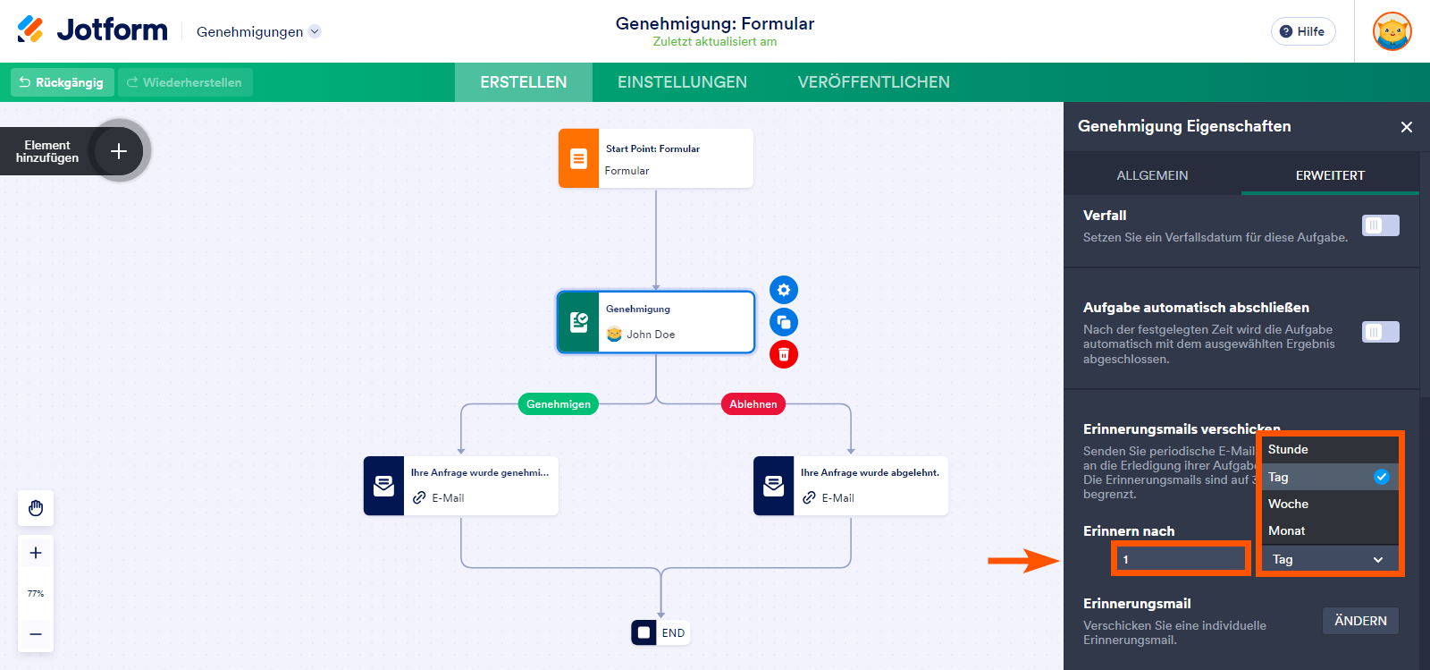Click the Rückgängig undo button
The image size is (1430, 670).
pyautogui.click(x=62, y=82)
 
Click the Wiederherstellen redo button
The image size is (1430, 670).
pyautogui.click(x=185, y=82)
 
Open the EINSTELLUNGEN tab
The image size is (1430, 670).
pyautogui.click(x=682, y=82)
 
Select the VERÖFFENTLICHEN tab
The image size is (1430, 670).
pyautogui.click(x=873, y=82)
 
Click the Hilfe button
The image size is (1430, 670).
pyautogui.click(x=1302, y=31)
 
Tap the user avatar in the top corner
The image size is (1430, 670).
pyautogui.click(x=1392, y=31)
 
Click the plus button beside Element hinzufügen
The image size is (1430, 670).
pyautogui.click(x=119, y=151)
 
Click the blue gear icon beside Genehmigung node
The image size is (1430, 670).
pyautogui.click(x=784, y=290)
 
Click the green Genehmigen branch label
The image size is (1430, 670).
pyautogui.click(x=559, y=404)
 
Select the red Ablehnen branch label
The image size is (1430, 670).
pyautogui.click(x=753, y=404)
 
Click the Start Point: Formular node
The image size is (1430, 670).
pyautogui.click(x=655, y=158)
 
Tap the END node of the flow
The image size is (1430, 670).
pyautogui.click(x=660, y=632)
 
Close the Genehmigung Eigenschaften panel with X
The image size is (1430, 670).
pyautogui.click(x=1406, y=127)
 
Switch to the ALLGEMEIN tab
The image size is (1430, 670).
pyautogui.click(x=1152, y=175)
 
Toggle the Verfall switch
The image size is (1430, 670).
pyautogui.click(x=1380, y=225)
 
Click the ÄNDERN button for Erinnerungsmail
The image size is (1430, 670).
pyautogui.click(x=1359, y=621)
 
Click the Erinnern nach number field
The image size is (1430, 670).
pyautogui.click(x=1181, y=559)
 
